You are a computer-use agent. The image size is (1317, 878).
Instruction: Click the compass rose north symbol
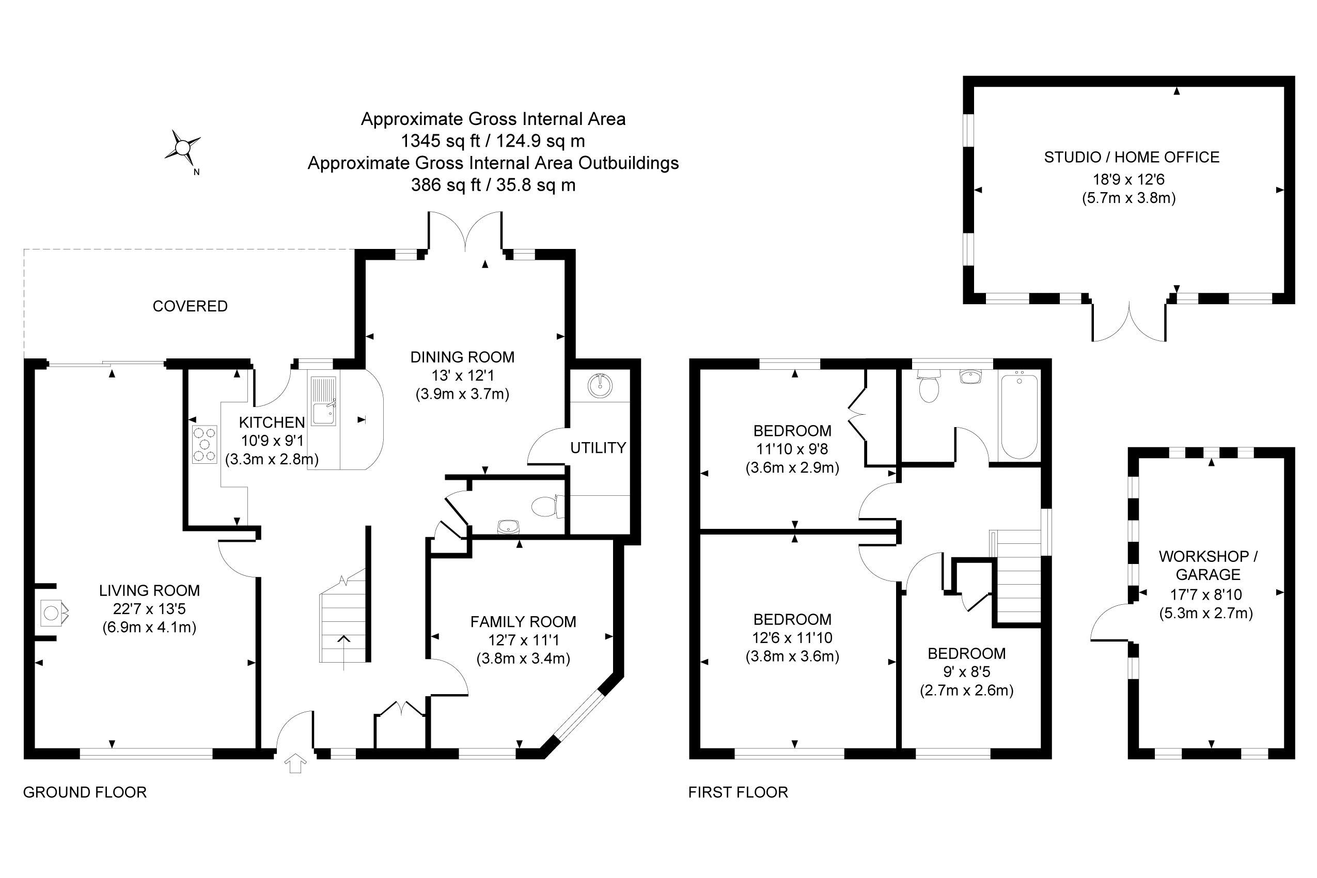(182, 148)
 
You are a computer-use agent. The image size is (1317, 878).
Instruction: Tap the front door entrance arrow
(295, 763)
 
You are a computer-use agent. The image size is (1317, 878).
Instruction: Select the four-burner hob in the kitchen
(205, 445)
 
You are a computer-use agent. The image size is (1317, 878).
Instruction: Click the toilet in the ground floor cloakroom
(544, 507)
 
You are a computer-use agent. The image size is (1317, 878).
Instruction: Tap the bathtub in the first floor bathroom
(1019, 417)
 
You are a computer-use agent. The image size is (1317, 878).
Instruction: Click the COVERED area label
(190, 306)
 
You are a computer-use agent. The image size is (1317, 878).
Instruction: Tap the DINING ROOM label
(462, 357)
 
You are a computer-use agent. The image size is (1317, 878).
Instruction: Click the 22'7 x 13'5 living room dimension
(149, 609)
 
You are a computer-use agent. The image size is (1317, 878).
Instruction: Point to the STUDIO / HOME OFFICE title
(1131, 158)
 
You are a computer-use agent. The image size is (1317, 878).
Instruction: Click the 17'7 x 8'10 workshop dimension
(1208, 594)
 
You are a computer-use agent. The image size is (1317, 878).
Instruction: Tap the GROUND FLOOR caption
(85, 792)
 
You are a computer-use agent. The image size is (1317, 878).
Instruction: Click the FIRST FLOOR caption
(738, 792)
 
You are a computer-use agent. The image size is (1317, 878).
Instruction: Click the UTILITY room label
(598, 447)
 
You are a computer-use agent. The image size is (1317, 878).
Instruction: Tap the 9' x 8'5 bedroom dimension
(966, 672)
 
